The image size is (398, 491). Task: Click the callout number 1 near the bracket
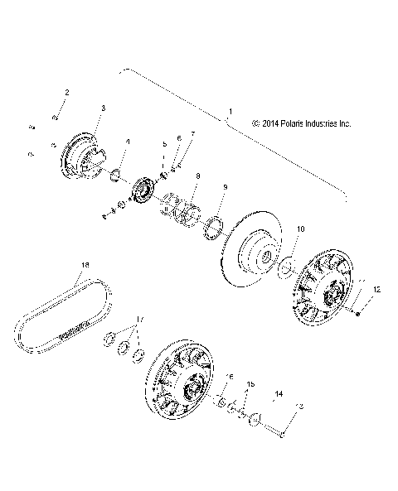coord(230,111)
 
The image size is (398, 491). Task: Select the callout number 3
coord(102,108)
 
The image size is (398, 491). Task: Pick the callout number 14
coord(279,393)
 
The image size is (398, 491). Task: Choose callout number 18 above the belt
coord(84,265)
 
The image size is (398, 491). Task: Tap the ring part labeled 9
coord(213,224)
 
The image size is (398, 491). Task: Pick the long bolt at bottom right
coord(274,428)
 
